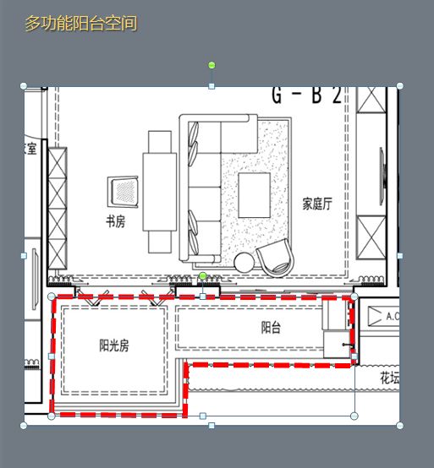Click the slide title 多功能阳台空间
(x=80, y=24)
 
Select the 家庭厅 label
(x=317, y=204)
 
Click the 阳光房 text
(x=114, y=345)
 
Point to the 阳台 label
(x=271, y=328)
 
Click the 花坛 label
(x=389, y=378)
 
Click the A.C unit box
(x=386, y=316)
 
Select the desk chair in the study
(x=124, y=191)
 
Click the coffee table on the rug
(x=255, y=195)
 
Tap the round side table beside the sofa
(x=244, y=262)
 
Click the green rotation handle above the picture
(x=212, y=65)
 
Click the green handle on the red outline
(x=202, y=276)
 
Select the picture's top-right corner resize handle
(x=399, y=85)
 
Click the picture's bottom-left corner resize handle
(x=24, y=425)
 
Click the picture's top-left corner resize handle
(x=24, y=85)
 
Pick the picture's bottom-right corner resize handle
(x=399, y=425)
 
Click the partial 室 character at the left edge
(x=30, y=150)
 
